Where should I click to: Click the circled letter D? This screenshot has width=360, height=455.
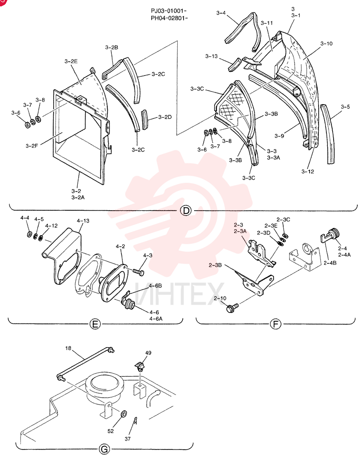tap(186, 210)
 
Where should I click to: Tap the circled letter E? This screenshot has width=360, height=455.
tap(95, 324)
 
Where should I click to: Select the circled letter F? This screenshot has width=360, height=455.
tap(275, 324)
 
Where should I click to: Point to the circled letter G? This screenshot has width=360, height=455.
tap(105, 450)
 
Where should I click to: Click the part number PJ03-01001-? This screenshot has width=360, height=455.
tap(169, 11)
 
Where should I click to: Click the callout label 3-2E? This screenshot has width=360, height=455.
tap(71, 61)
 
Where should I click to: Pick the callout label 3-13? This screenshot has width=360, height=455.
tap(211, 56)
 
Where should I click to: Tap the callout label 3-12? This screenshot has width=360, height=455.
tap(308, 172)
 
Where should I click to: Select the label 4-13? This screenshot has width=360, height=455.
tap(83, 221)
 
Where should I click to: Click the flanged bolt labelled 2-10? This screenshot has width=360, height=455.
tap(232, 308)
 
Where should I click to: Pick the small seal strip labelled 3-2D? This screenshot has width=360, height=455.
tap(145, 120)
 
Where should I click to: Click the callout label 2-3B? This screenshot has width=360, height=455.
tap(215, 265)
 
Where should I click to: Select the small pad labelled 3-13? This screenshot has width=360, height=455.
tap(233, 65)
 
